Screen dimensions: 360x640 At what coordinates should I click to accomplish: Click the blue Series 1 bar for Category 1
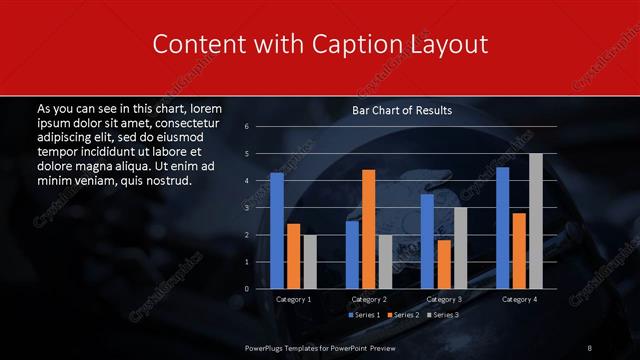277,231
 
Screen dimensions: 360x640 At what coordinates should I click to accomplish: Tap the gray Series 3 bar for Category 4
536,221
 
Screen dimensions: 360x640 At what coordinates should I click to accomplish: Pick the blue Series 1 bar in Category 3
427,241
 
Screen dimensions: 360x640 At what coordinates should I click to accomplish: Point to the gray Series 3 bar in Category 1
310,262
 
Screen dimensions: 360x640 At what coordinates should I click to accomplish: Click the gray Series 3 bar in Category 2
386,262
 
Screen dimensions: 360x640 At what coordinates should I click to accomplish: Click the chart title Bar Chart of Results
402,111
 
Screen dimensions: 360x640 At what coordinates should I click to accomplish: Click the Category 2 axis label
369,299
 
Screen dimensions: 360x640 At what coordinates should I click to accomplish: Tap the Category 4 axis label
519,299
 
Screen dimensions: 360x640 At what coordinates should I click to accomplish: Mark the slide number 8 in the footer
590,346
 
